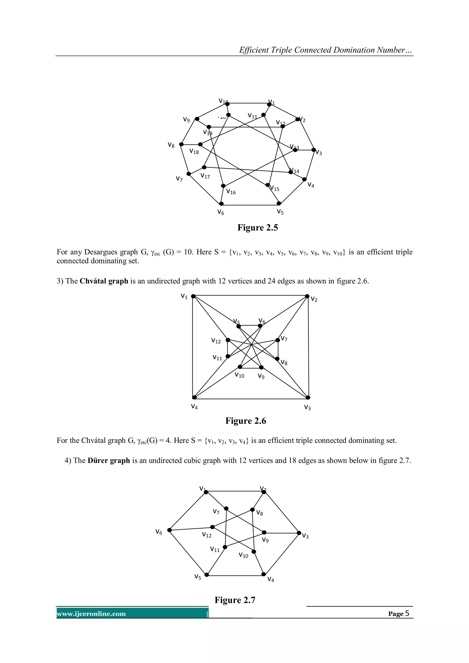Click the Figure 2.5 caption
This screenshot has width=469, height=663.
[258, 228]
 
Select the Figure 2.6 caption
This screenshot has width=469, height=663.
[246, 421]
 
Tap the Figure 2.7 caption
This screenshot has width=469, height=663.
[235, 600]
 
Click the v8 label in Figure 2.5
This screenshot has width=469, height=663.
[171, 145]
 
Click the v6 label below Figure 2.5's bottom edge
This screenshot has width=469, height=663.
[221, 213]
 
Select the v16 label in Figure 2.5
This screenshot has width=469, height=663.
[231, 192]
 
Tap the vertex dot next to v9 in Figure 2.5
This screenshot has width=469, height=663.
[197, 119]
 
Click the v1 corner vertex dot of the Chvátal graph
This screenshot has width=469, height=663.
[193, 296]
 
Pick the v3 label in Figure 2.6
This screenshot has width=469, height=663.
[307, 407]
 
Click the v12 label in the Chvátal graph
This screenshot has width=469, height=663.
[216, 341]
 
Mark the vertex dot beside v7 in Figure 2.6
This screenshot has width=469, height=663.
[278, 340]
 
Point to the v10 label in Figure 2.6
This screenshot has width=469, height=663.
[239, 375]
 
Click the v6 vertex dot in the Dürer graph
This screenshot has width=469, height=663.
[169, 530]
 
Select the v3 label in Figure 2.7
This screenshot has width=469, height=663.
[305, 536]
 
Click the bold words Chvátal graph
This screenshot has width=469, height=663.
[104, 281]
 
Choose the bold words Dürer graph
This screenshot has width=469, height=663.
[109, 461]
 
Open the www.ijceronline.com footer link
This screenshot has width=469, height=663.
[91, 614]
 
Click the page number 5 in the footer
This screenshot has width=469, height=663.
[407, 613]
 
